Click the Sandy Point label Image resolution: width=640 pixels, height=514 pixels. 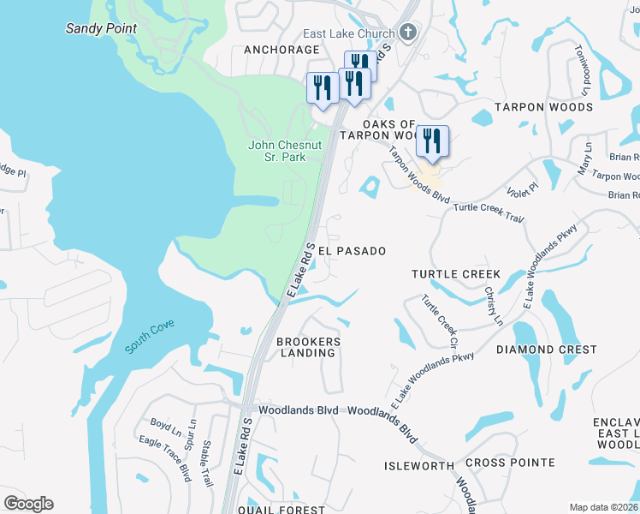click(101, 28)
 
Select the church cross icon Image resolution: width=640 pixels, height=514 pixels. click(408, 33)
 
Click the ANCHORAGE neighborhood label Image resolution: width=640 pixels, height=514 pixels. click(281, 50)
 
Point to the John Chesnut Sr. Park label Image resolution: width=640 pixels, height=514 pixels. click(285, 151)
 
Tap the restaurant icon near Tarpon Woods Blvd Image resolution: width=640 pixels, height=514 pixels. click(432, 141)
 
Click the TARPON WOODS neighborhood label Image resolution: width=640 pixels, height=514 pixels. click(543, 107)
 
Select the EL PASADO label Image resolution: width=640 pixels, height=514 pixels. click(352, 251)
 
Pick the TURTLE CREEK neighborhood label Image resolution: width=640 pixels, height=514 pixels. click(455, 274)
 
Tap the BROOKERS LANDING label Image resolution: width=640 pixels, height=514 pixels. click(309, 347)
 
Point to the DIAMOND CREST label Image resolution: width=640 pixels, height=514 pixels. click(547, 350)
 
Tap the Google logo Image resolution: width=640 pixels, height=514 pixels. click(28, 504)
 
